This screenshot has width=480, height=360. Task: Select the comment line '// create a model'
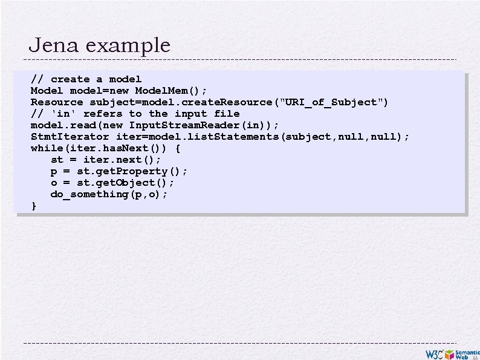[86, 79]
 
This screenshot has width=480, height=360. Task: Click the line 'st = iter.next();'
[106, 160]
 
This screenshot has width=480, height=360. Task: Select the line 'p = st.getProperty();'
[119, 171]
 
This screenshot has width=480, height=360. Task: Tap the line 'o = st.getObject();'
[112, 183]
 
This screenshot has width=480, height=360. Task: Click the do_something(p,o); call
[109, 194]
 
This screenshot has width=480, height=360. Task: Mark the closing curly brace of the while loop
[34, 206]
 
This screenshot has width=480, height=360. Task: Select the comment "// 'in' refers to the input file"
[135, 114]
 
